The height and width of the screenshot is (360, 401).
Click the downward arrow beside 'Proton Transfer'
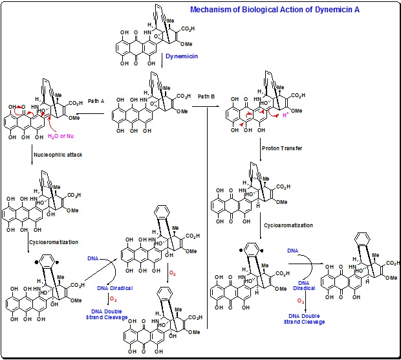click(259, 148)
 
